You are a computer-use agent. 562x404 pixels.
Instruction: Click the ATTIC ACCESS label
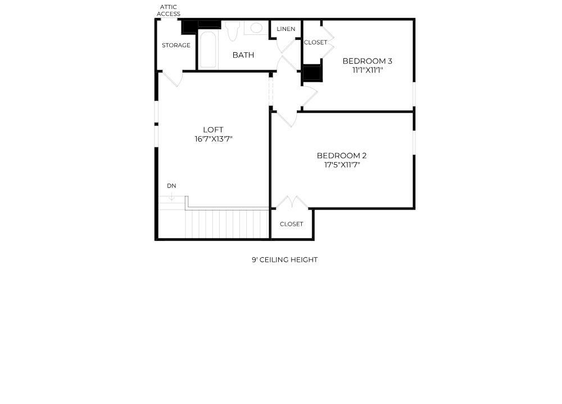click(169, 10)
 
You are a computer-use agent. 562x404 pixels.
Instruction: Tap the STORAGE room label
click(176, 45)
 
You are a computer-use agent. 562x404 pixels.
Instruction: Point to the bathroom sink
click(256, 28)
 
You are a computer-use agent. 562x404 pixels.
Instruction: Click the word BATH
click(243, 55)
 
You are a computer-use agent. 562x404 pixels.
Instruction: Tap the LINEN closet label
click(285, 29)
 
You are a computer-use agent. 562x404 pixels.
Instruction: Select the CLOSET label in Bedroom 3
click(315, 42)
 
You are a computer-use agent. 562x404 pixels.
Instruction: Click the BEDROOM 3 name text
click(367, 61)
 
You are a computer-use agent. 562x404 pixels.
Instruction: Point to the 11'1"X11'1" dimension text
click(367, 70)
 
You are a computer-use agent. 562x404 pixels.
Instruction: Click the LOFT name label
click(213, 130)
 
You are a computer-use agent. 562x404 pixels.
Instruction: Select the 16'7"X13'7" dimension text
click(213, 139)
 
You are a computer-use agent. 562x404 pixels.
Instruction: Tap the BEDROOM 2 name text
click(342, 156)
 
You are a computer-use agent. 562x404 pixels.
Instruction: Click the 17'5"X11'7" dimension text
click(342, 165)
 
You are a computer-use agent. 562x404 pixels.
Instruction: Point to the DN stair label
click(171, 186)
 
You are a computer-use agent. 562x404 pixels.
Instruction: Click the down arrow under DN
click(171, 196)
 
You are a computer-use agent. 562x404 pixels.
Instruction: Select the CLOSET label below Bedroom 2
click(291, 224)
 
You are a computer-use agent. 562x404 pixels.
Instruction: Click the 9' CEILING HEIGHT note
click(284, 260)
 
